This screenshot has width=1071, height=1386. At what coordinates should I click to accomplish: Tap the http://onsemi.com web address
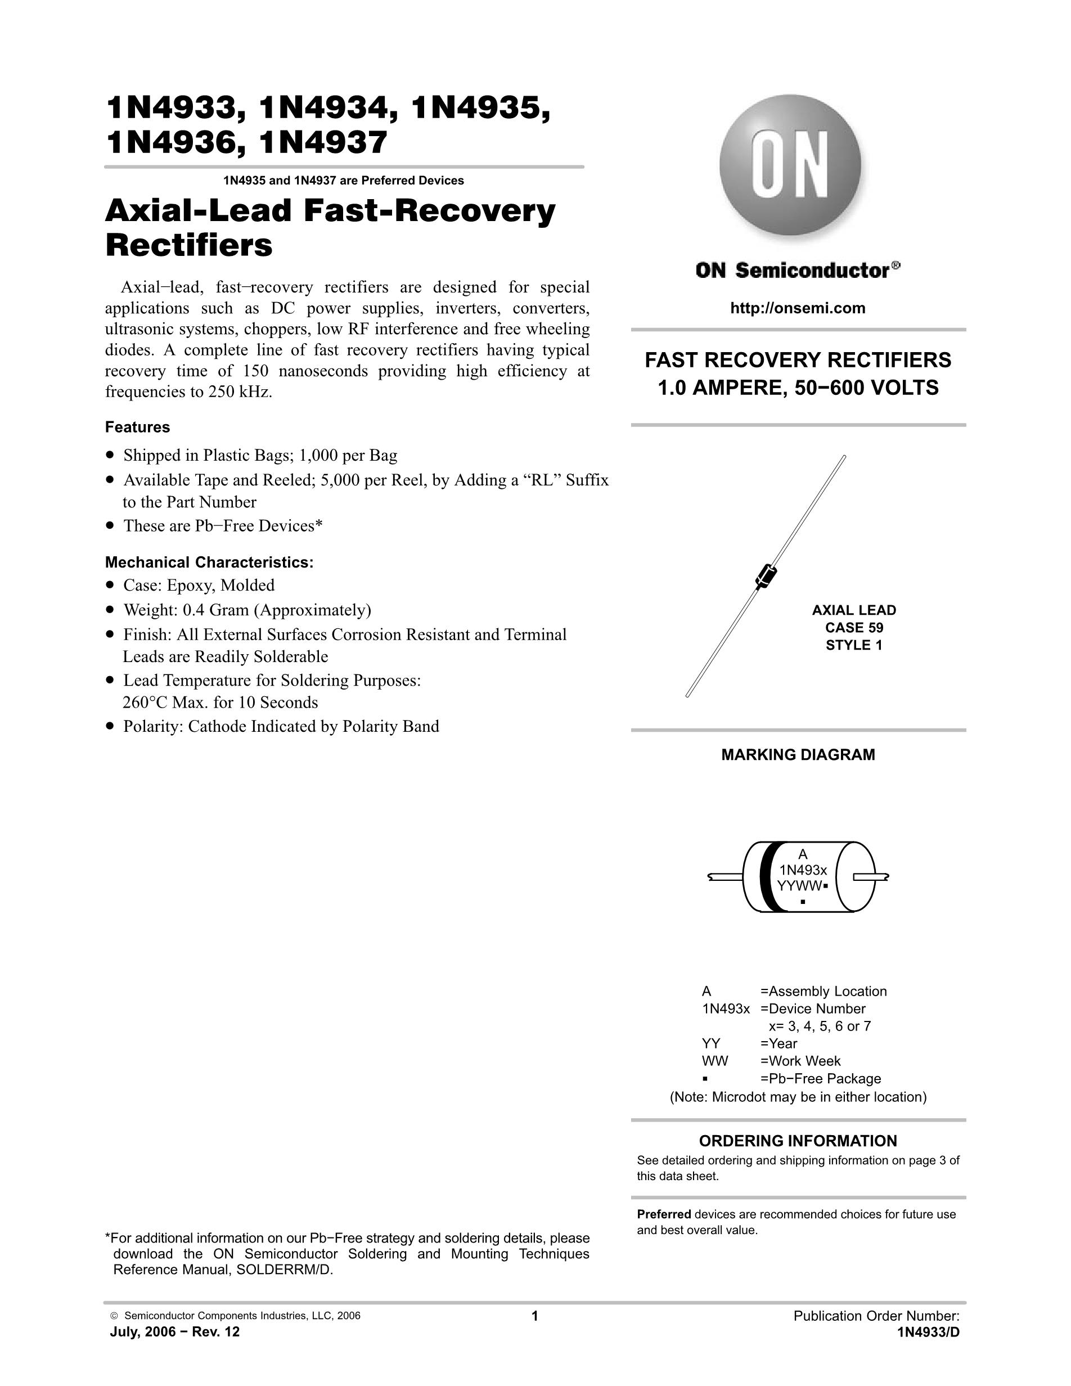pos(798,308)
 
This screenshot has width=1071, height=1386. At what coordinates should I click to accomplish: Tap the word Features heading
pos(137,427)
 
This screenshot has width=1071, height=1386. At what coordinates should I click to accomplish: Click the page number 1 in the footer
pos(534,1316)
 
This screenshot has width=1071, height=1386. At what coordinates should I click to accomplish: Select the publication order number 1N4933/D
pos(928,1332)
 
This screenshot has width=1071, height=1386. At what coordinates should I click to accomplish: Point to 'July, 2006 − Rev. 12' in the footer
pos(175,1332)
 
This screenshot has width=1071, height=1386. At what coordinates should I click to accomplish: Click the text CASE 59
pos(854,628)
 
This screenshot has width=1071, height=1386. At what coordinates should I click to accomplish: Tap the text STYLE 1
pos(854,645)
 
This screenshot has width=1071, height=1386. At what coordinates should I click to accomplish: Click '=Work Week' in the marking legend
pos(800,1061)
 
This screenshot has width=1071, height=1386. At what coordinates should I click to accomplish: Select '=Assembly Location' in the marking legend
pos(823,991)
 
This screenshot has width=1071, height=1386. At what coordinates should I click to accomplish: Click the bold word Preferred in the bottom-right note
pos(664,1214)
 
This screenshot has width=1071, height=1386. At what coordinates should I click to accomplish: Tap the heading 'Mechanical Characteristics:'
pos(209,562)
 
